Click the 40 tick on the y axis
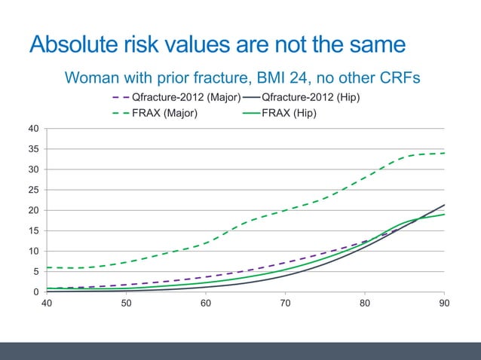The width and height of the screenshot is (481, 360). (x=35, y=129)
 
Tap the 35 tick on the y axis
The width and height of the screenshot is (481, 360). (x=35, y=149)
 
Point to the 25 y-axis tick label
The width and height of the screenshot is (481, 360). (x=35, y=190)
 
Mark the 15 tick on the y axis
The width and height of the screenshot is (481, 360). (x=35, y=231)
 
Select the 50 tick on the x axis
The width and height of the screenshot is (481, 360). (x=126, y=303)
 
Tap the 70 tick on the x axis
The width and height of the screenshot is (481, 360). (x=285, y=303)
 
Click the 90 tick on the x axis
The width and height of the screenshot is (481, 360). (x=444, y=303)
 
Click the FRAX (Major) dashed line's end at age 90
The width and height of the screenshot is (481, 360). (x=444, y=153)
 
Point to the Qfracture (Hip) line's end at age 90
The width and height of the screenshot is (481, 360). (x=444, y=205)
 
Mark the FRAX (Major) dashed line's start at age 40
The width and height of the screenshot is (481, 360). (x=47, y=267)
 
